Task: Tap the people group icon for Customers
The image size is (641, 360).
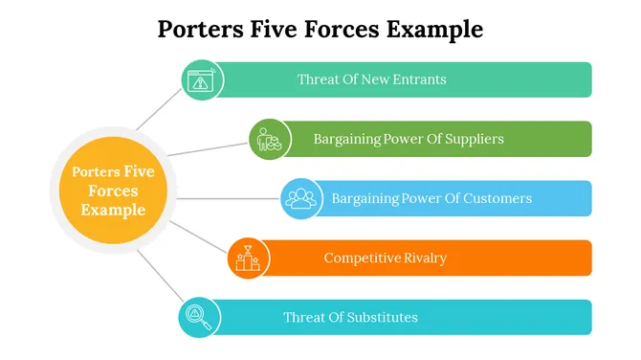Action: pyautogui.click(x=301, y=198)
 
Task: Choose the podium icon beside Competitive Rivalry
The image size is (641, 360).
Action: pyautogui.click(x=248, y=258)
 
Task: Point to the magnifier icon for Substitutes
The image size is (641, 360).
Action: pyautogui.click(x=199, y=317)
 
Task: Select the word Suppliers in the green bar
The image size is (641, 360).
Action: pyautogui.click(x=470, y=139)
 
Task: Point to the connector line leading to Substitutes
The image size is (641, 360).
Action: pyautogui.click(x=158, y=277)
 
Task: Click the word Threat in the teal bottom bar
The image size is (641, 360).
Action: pyautogui.click(x=302, y=317)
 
